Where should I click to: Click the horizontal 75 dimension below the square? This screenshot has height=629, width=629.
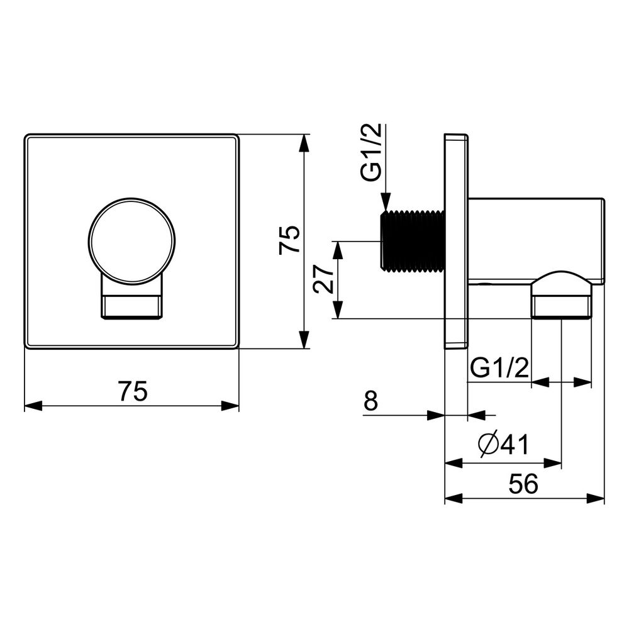pyautogui.click(x=133, y=391)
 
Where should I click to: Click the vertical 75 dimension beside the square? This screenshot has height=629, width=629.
pyautogui.click(x=289, y=240)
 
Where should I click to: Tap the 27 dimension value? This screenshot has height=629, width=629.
pyautogui.click(x=324, y=279)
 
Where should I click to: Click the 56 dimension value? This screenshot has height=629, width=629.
pyautogui.click(x=523, y=484)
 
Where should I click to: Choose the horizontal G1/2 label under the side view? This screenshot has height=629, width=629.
pyautogui.click(x=499, y=367)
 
